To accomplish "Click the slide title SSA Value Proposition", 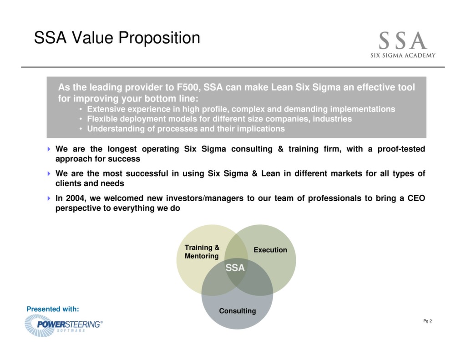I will click(117, 38).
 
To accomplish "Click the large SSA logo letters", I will click(403, 41).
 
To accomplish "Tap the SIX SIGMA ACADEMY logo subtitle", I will click(403, 56).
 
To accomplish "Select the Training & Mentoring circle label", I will click(202, 252).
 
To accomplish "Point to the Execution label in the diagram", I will click(270, 250).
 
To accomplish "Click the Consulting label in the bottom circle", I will click(237, 311).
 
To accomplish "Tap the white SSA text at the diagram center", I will click(235, 268).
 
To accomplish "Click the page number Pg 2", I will click(427, 321).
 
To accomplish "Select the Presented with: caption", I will click(53, 309).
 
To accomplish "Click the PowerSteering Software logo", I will click(64, 325).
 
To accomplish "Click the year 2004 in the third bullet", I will click(75, 198).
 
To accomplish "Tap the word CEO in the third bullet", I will click(416, 198).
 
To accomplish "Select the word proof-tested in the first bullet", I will click(401, 149).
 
